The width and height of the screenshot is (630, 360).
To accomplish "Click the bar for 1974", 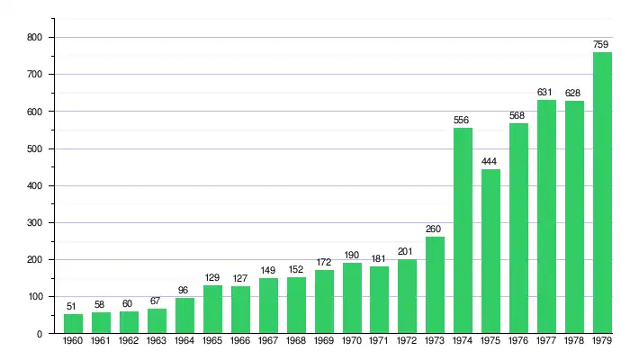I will click(463, 230).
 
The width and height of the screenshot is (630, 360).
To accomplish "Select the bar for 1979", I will click(602, 193).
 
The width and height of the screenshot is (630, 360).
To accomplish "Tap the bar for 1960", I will click(73, 324).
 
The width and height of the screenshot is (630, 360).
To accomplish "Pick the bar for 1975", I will click(490, 251).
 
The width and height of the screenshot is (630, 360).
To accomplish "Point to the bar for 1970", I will click(352, 298).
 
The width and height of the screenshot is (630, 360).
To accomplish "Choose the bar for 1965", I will click(212, 310).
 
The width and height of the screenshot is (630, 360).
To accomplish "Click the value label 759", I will click(602, 44).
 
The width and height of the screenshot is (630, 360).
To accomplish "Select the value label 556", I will click(463, 120).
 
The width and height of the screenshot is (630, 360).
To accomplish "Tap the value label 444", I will click(490, 161).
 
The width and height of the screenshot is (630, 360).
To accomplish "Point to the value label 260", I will click(435, 229).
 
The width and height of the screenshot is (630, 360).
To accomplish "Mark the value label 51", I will click(73, 306).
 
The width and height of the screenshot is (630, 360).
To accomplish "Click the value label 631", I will click(546, 92).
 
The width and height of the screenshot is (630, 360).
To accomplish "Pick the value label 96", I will click(184, 290).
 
